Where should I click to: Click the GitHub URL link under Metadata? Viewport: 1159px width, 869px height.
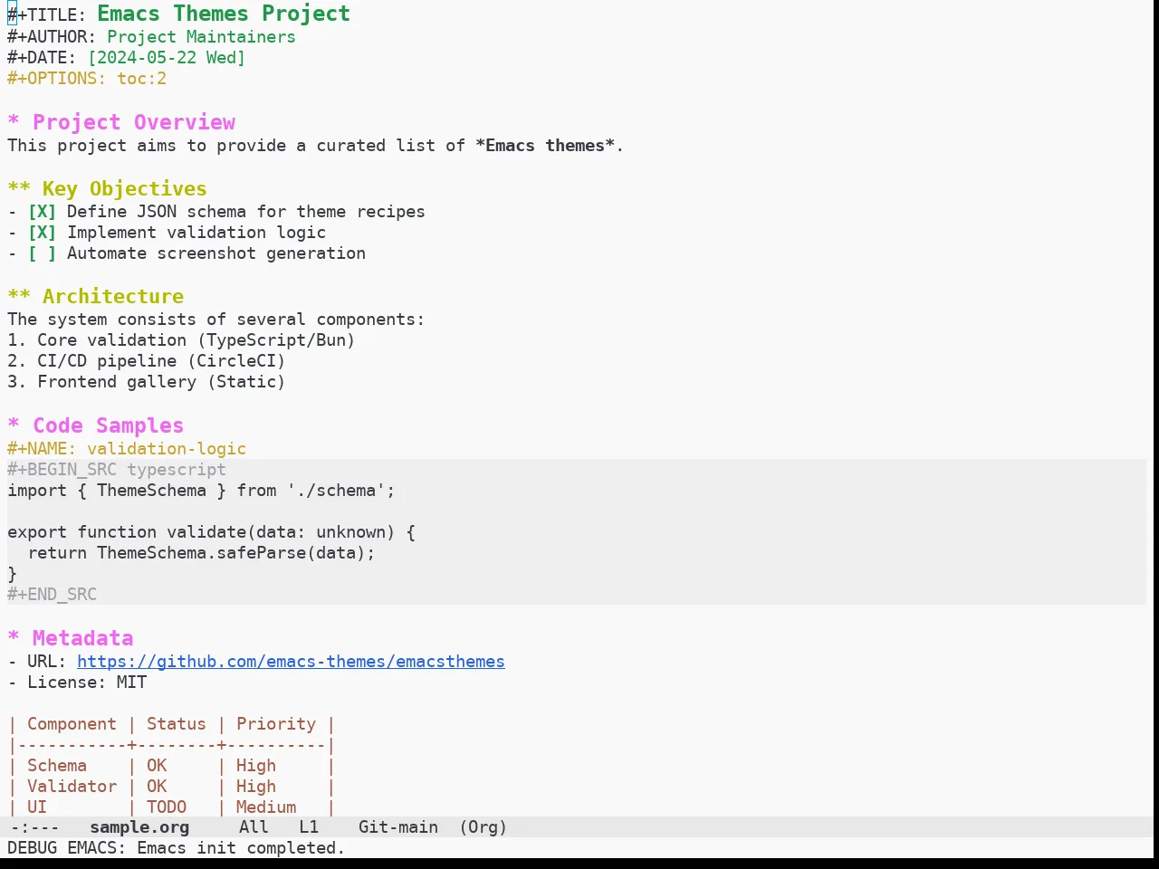(291, 662)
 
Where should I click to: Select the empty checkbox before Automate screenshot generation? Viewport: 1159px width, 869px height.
(42, 253)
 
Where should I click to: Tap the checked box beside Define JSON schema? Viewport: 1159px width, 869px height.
(42, 212)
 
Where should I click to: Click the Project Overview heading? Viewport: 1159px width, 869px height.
(134, 122)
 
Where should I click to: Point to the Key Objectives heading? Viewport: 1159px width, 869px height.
(124, 189)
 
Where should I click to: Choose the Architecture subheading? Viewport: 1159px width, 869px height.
(113, 297)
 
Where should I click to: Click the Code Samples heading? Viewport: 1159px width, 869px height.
(109, 425)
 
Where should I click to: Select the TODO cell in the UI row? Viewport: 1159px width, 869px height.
(167, 807)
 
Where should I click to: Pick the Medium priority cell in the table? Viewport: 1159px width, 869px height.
(266, 807)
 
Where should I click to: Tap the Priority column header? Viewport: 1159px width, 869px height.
(276, 724)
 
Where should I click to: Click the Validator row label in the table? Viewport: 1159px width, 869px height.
(72, 787)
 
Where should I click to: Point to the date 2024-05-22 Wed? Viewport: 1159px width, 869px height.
(167, 58)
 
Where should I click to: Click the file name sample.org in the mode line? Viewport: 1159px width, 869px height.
(139, 827)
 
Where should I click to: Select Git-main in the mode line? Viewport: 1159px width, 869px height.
(398, 827)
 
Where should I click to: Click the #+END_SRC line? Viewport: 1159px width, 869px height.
(52, 595)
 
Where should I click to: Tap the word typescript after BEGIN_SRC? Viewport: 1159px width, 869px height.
(177, 470)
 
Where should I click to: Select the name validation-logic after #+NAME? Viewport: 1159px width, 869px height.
(167, 449)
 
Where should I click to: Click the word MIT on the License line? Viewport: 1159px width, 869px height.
(131, 683)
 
